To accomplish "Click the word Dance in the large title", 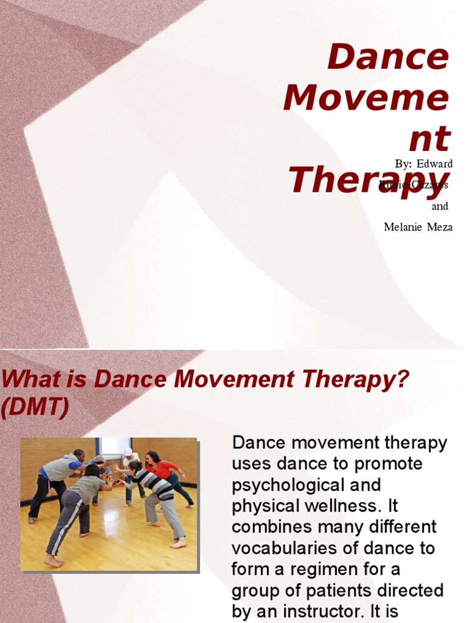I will (388, 58).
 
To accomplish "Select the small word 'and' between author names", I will (440, 206).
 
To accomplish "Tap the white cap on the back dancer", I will (128, 451).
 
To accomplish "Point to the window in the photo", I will (114, 447).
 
